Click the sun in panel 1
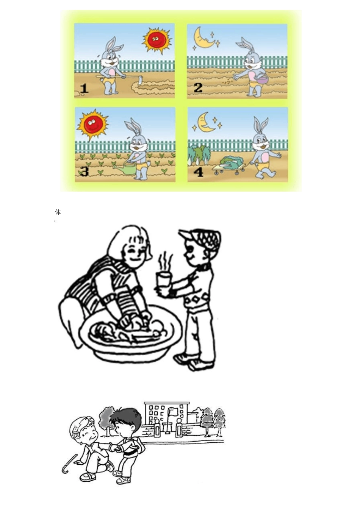coord(156,39)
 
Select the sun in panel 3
coord(92,124)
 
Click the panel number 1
coord(84,89)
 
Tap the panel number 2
coord(198,88)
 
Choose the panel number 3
coord(84,172)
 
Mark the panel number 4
coord(198,172)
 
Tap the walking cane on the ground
coord(69,464)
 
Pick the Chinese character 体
coord(58,212)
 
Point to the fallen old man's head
coord(83,428)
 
